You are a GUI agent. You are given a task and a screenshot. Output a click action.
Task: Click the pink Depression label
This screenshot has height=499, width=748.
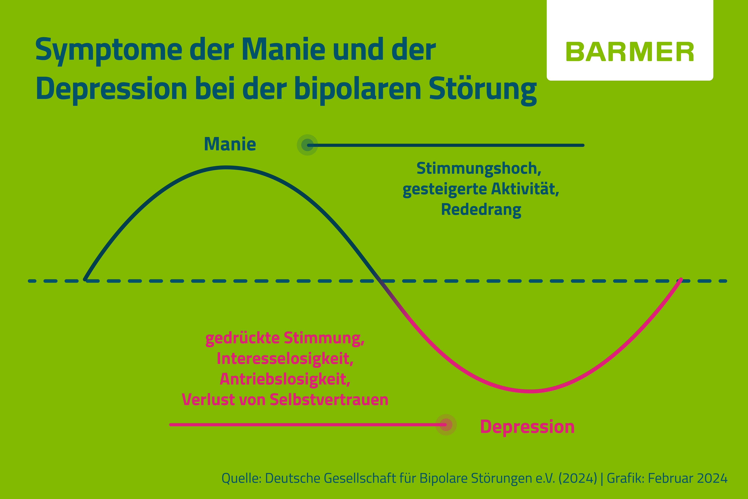527,427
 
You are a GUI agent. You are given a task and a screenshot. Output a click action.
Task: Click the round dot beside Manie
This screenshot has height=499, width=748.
307,145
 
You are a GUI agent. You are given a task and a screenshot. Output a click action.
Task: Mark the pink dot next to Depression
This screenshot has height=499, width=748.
446,425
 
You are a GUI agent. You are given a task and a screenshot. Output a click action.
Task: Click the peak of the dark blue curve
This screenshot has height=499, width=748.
226,167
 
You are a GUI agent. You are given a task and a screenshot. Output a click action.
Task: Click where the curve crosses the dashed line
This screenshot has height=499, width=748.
378,281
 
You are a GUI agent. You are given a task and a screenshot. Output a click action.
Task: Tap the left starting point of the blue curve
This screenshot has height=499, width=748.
85,280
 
